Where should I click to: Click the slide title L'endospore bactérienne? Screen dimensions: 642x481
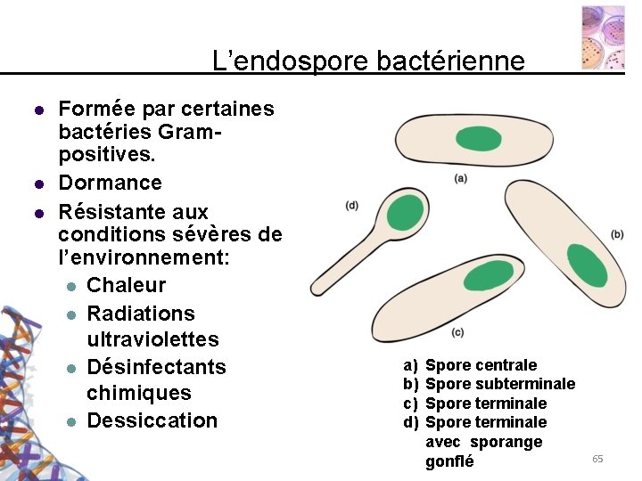368,61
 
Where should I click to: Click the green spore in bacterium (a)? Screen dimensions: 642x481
479,138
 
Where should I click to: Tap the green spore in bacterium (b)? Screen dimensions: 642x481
587,265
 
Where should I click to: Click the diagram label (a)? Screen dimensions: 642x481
460,178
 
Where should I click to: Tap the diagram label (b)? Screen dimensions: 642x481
617,234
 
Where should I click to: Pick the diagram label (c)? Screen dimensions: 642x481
457,332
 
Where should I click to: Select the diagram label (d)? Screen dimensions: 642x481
352,205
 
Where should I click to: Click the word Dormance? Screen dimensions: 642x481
110,183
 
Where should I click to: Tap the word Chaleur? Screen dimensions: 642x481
126,285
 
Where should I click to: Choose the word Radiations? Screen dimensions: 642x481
140,314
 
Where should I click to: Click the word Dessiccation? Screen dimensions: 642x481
152,420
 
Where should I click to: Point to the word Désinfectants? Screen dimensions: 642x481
156,367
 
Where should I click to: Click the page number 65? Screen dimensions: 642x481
597,458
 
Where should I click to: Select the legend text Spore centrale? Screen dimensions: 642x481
481,365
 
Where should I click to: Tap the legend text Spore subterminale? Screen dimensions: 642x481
499,384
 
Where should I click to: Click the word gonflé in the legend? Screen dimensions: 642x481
449,461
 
